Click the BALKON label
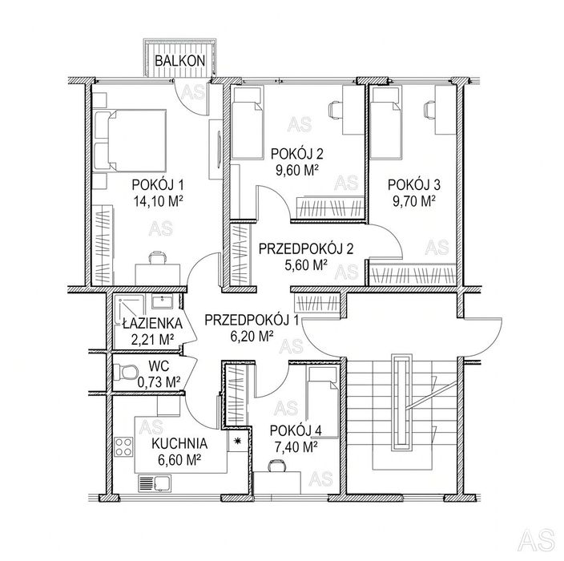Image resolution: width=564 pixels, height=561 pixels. pos(179,61)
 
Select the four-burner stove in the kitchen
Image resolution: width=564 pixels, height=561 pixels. pos(123,446)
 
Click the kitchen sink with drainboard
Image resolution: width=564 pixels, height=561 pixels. pos(155,483)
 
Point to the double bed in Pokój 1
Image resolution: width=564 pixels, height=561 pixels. pos(130,140)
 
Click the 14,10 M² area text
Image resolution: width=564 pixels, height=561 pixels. pos(159,201)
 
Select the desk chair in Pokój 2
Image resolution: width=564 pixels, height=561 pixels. pos(335,109)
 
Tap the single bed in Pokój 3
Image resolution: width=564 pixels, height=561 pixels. pos(385,123)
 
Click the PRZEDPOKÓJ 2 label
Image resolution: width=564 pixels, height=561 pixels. pos(306,248)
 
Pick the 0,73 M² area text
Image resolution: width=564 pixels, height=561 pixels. pos(159,382)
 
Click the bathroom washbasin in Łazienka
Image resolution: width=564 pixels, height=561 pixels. pos(163,301)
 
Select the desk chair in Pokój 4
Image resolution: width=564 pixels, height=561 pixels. pos(277,466)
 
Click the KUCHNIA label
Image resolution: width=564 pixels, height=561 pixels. pos(179,444)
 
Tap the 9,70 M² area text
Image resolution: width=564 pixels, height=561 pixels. pos(414,201)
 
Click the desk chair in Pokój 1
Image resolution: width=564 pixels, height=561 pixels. pos(158,257)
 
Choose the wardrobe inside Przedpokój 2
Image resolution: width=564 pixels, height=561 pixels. pos(240,254)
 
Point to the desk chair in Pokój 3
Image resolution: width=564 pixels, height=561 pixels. pos(429,109)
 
